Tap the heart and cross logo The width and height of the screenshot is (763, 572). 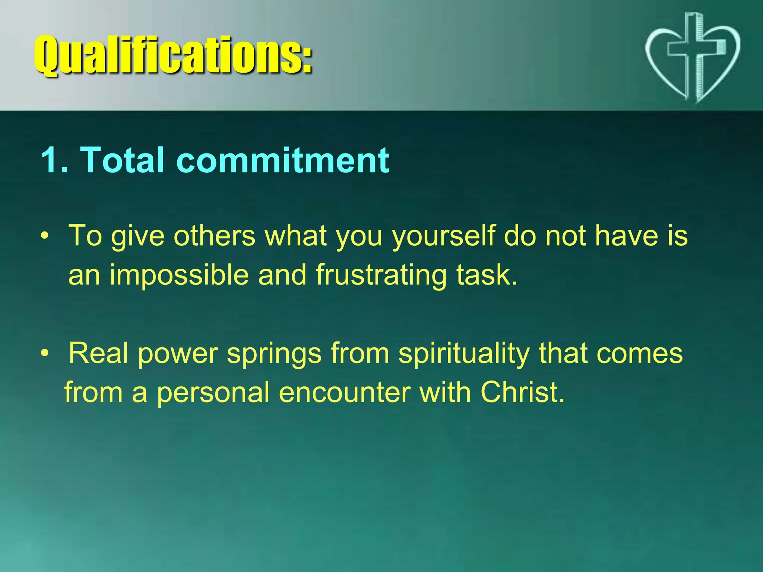692,56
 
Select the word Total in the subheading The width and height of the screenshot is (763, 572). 122,160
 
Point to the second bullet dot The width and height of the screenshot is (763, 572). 45,353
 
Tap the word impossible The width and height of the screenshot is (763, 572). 179,275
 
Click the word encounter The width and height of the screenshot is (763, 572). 345,393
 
